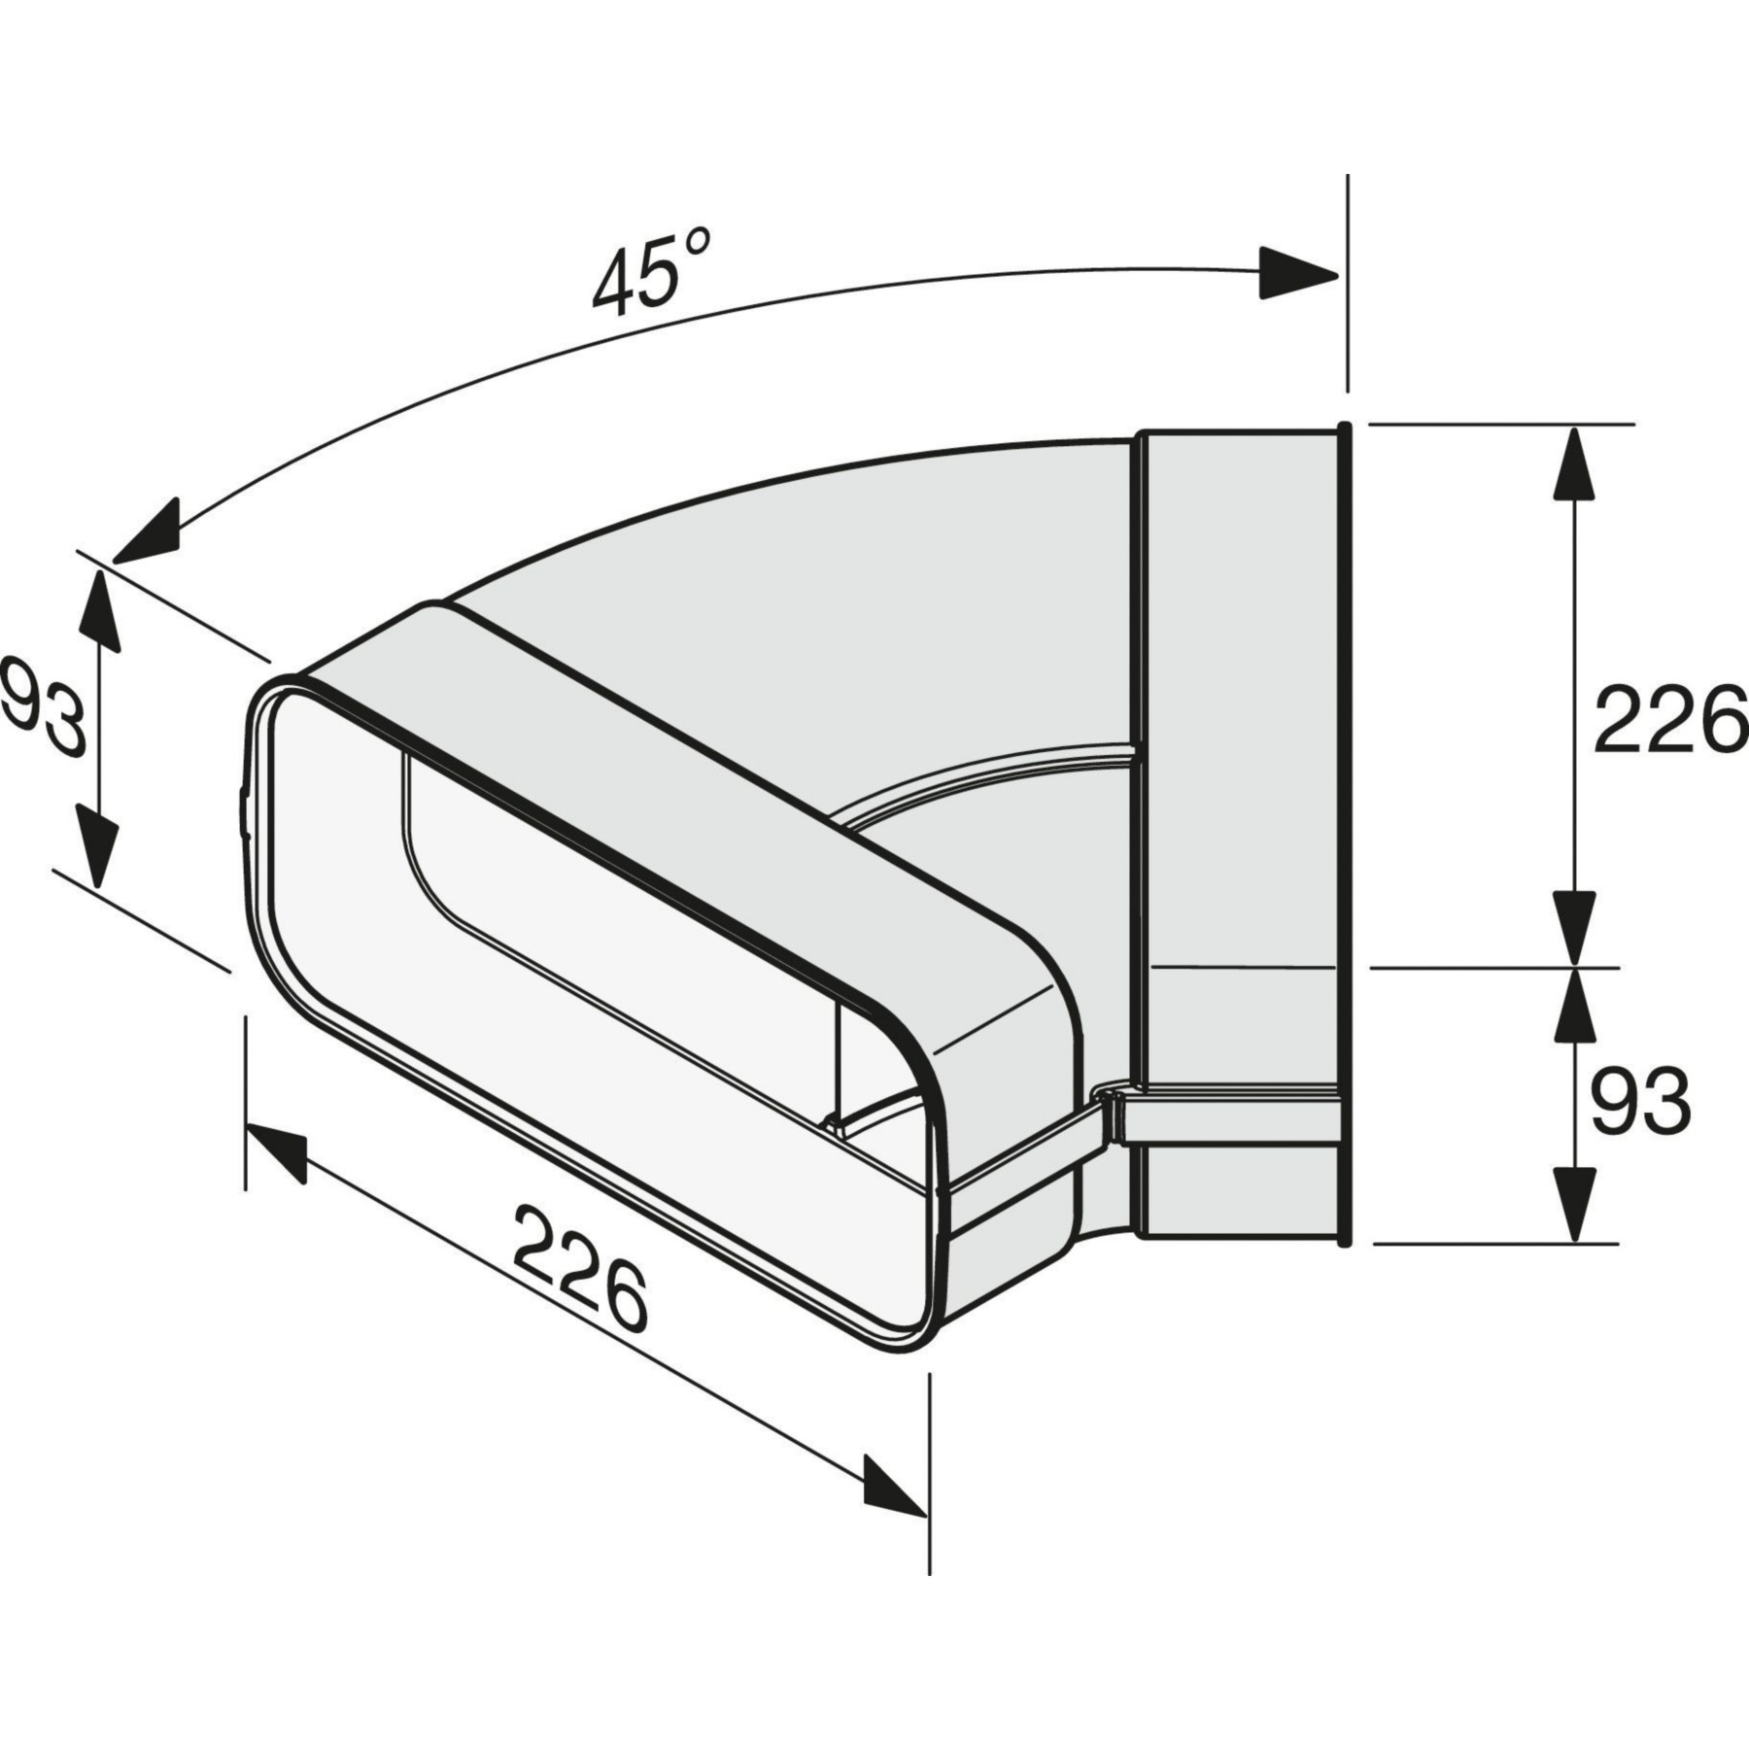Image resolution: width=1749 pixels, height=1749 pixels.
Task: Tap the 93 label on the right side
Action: click(x=1640, y=1101)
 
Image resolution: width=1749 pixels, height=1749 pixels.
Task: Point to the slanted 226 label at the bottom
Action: click(x=581, y=1268)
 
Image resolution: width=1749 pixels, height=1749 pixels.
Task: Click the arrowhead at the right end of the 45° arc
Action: click(x=1298, y=273)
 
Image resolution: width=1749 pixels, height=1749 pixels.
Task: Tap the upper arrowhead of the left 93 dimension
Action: click(x=98, y=610)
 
